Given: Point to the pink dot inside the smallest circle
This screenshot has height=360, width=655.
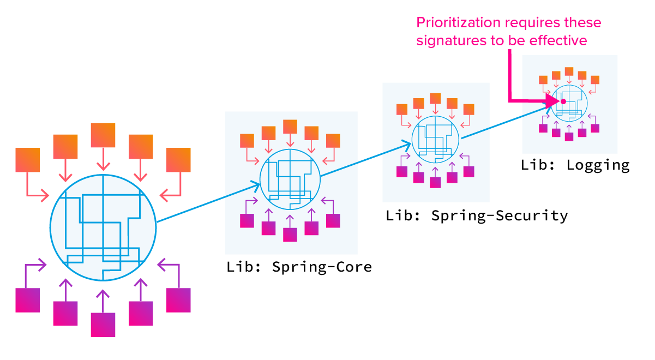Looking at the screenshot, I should click(x=563, y=101).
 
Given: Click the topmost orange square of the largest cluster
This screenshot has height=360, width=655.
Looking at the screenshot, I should click(x=103, y=135).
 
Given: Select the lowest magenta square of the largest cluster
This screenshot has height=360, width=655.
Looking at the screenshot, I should click(x=103, y=325).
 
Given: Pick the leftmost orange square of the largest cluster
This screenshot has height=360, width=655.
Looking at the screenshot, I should click(x=28, y=160).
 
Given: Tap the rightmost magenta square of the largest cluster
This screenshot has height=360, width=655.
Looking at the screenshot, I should click(x=178, y=300).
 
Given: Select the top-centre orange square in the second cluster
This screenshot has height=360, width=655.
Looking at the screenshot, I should click(x=290, y=126).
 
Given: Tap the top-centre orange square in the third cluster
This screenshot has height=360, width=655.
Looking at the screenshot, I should click(x=435, y=99).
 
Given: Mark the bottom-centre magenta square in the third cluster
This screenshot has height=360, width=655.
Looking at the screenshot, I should click(x=435, y=182).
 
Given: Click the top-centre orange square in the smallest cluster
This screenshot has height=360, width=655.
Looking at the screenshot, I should click(x=569, y=71).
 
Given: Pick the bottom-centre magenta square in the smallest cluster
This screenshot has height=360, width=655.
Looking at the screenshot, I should click(x=569, y=136).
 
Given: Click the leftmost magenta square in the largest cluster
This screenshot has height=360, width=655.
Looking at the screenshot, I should click(x=28, y=300).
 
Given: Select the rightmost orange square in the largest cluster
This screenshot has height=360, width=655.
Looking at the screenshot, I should click(x=178, y=160).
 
